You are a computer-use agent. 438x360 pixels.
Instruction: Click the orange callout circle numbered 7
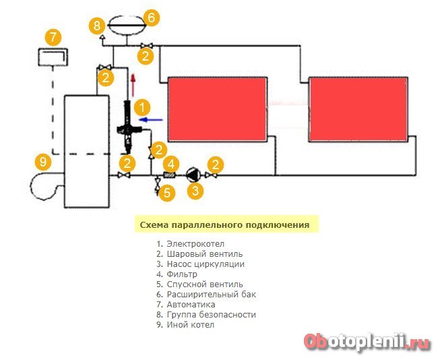(53, 37)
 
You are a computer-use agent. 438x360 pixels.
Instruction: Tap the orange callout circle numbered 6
(151, 18)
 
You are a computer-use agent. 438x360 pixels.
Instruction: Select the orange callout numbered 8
(97, 26)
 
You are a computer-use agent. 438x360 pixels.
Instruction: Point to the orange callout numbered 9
(43, 162)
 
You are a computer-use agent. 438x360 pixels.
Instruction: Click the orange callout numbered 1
(142, 108)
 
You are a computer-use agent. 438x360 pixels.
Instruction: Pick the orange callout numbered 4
(171, 164)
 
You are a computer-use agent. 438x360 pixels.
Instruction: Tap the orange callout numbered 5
(166, 193)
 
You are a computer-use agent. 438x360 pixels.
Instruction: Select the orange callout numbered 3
(195, 191)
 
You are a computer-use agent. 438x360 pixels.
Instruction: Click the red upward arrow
(133, 85)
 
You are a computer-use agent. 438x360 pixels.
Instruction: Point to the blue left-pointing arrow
(151, 120)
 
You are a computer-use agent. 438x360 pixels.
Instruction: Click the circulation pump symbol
(192, 175)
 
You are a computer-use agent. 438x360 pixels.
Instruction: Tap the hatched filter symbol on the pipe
(169, 175)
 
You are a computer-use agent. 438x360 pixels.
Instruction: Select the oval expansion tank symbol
(127, 25)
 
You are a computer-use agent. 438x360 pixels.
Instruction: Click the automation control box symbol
(53, 57)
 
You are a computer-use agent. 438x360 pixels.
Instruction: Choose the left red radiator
(217, 109)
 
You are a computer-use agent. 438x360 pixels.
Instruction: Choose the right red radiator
(358, 109)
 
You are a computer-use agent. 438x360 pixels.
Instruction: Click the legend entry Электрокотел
(190, 244)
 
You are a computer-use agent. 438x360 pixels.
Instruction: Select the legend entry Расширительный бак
(206, 295)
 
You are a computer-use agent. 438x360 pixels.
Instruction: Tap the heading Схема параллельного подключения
(224, 225)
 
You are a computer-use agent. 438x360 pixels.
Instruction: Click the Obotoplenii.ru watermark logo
(367, 342)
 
